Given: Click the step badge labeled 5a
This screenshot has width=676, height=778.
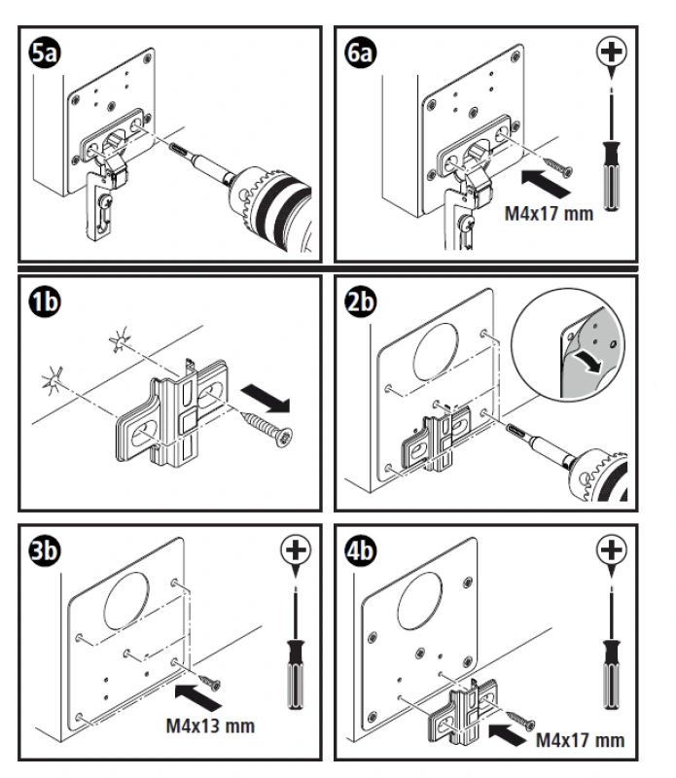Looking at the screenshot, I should [45, 51].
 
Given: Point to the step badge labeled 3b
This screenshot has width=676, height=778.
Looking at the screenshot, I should [45, 549].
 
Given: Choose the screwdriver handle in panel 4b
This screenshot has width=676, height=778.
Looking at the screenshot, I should [610, 671].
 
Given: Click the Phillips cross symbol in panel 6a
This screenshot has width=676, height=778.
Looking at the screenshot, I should [610, 51].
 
